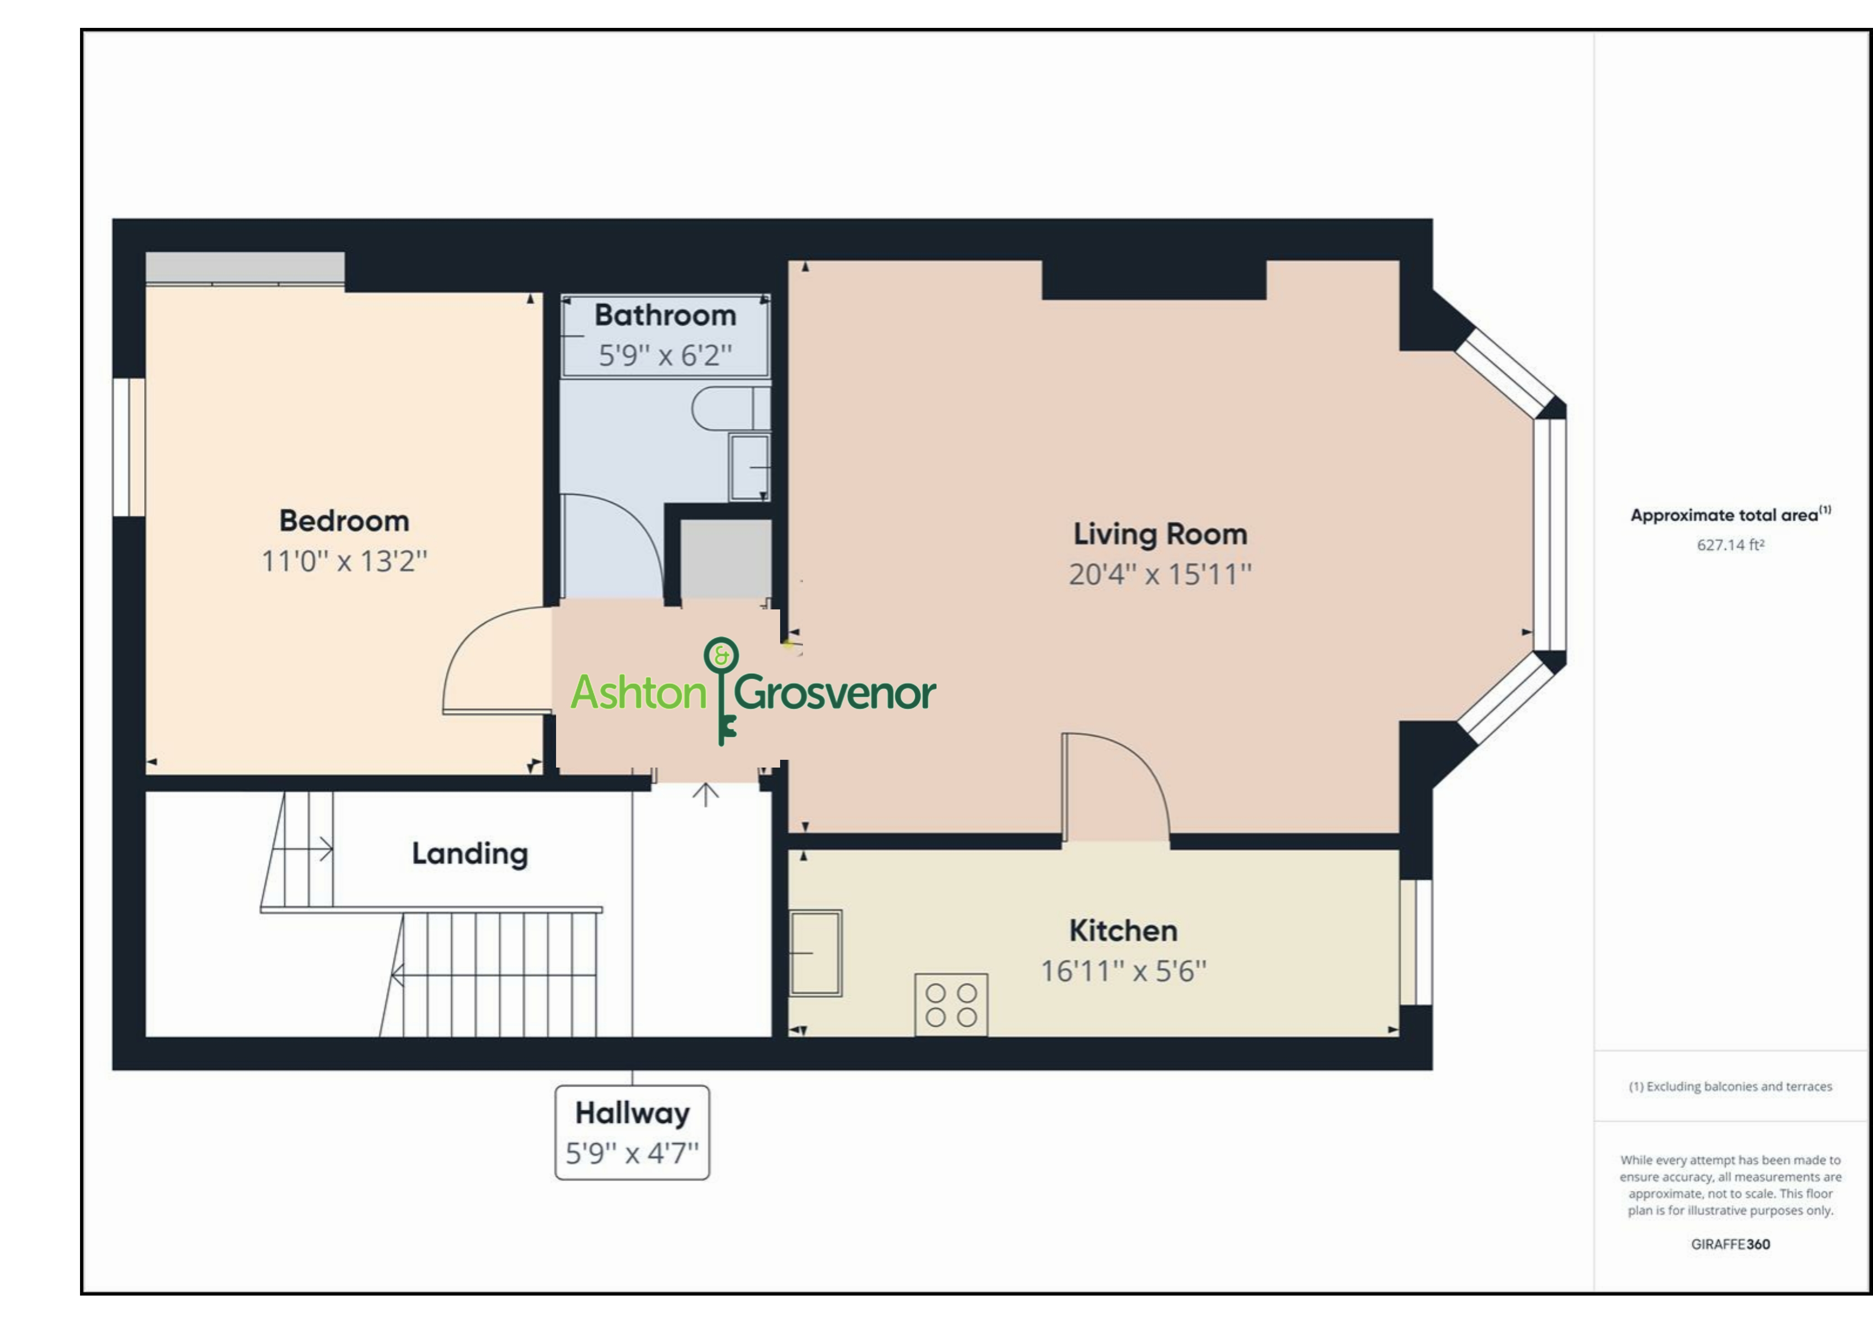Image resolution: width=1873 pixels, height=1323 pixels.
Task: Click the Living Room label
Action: coord(1160,534)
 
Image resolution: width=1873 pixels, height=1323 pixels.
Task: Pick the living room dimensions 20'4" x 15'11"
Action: coord(1160,574)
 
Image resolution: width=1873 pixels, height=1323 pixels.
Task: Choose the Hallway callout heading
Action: coord(632,1113)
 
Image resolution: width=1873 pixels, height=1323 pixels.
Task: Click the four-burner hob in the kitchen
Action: coord(951,1005)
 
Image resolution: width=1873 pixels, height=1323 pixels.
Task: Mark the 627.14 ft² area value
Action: coord(1730,545)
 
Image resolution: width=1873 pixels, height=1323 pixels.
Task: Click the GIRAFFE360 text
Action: coord(1730,1244)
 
